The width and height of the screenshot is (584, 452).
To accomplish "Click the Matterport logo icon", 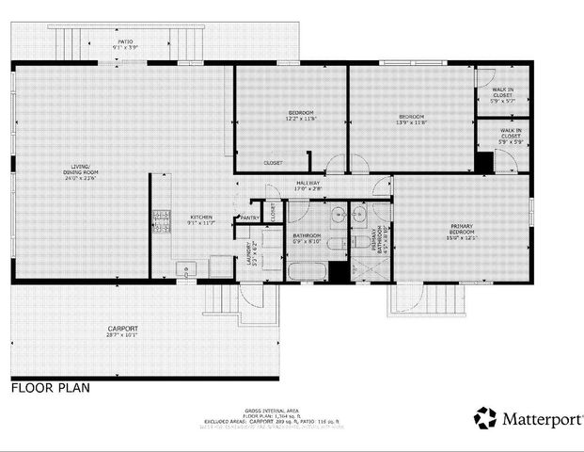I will (485, 418).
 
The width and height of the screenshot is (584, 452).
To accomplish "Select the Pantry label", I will (250, 218).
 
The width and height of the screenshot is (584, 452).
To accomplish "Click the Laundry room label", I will (250, 255).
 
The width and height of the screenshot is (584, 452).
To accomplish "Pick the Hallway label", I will (308, 186).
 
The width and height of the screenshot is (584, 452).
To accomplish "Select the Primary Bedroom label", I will (461, 232).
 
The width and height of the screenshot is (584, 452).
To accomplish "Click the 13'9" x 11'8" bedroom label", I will (411, 119).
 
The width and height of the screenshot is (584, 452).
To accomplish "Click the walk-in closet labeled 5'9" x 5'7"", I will (503, 93).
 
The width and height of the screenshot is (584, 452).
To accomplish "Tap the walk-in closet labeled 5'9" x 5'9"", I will (511, 137).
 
